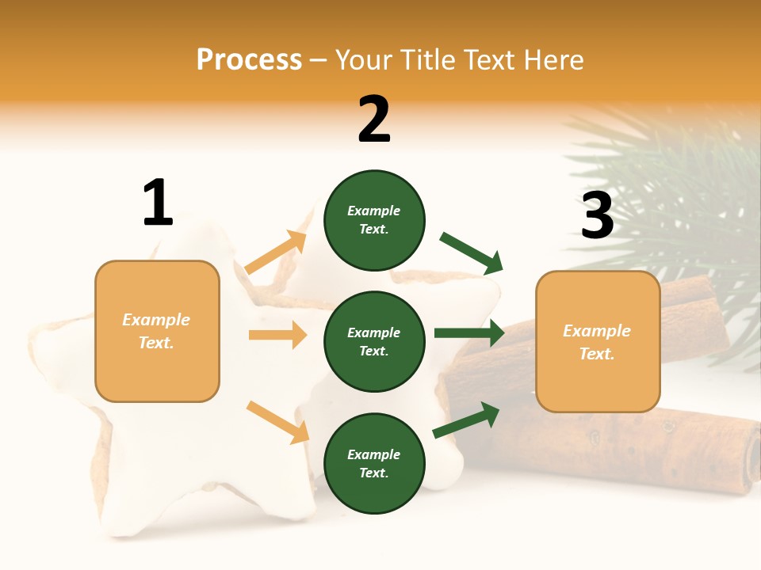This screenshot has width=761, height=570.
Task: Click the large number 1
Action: (158, 203)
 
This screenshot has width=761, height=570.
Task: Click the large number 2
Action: (374, 120)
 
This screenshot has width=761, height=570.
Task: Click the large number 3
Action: (597, 215)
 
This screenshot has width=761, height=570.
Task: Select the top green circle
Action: (374, 220)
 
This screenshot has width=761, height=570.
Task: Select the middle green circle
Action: (374, 342)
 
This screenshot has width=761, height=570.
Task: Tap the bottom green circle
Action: (374, 464)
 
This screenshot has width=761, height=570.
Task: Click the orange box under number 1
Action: (157, 331)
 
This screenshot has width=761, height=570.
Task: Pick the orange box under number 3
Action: (598, 342)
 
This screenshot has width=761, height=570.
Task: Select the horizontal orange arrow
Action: (277, 335)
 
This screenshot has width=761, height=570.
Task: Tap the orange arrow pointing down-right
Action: (277, 422)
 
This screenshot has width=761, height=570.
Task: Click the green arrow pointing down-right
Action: (472, 253)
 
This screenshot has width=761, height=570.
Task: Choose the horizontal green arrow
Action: (469, 333)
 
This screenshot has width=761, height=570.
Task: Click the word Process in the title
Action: (249, 59)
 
